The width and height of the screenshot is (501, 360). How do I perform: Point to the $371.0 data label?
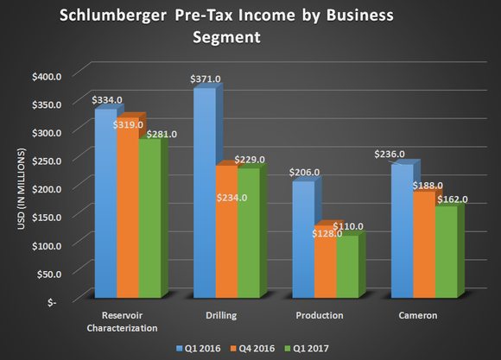point(206,79)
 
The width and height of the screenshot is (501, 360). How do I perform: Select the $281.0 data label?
point(161,134)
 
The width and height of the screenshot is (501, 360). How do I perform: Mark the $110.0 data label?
point(348,226)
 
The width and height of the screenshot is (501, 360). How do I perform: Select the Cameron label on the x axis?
point(418,316)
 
